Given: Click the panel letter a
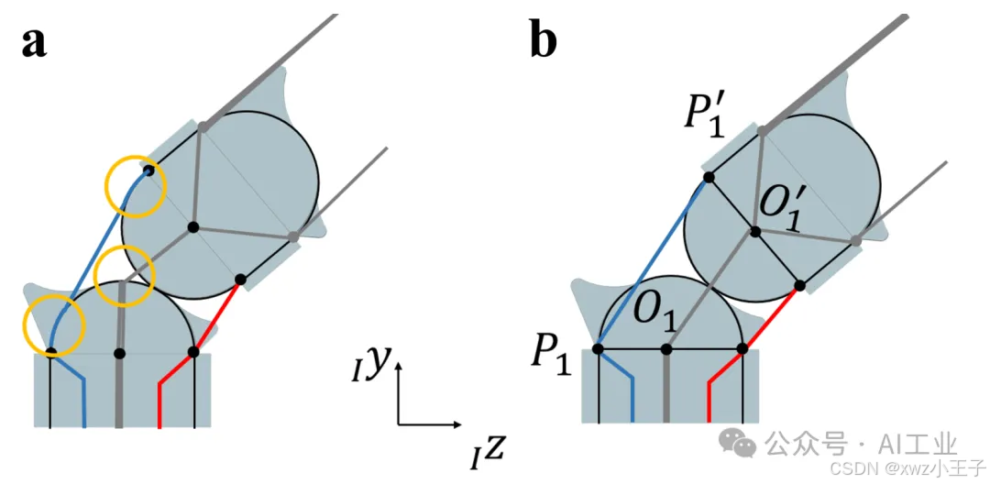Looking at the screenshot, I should (x=35, y=42).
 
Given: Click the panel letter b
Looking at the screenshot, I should (x=543, y=42).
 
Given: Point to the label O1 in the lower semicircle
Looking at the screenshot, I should (x=655, y=317).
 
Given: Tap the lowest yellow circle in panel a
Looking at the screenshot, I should (x=53, y=325).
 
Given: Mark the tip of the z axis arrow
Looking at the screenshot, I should (x=461, y=424).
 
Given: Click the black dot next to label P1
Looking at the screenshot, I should (x=598, y=349).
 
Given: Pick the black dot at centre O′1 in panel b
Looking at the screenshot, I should (x=754, y=232).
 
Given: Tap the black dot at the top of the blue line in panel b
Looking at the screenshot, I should (x=709, y=178).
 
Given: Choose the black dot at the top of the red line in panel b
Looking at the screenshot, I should (x=800, y=285).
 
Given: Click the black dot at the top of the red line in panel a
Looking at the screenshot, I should (x=240, y=279).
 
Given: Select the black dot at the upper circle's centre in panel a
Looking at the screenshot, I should (x=193, y=226).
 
